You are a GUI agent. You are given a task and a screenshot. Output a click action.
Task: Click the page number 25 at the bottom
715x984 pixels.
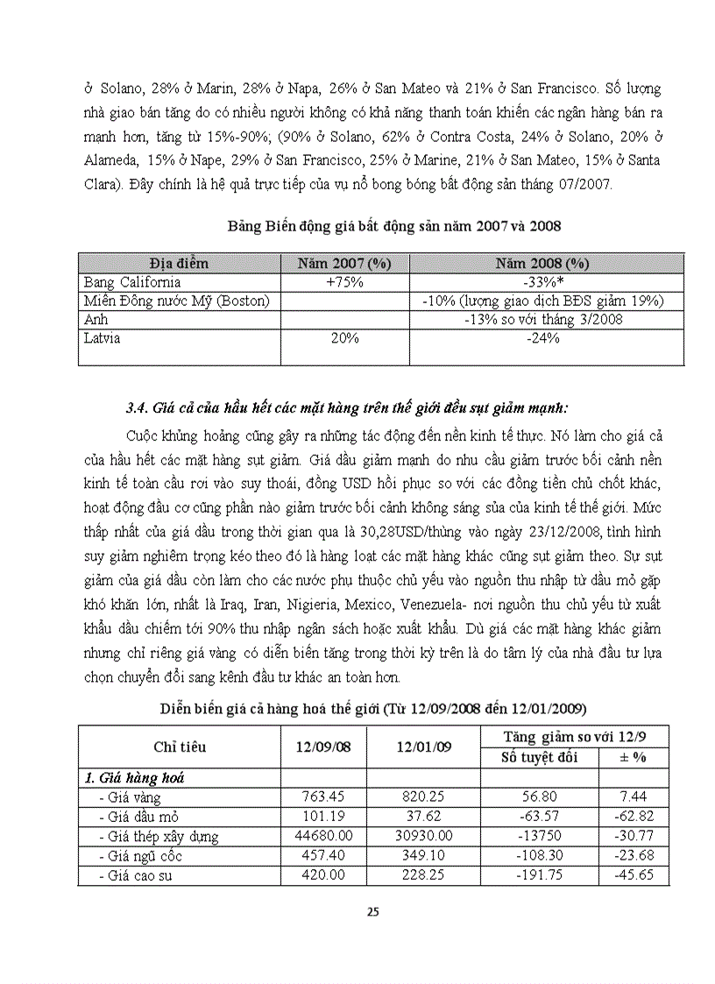coord(372,911)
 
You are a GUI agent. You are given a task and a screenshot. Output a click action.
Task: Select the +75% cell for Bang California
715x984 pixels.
coord(343,282)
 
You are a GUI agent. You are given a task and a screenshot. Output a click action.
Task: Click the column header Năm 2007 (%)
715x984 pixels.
coord(343,263)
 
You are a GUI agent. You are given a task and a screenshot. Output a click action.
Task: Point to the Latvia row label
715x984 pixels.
coord(103,337)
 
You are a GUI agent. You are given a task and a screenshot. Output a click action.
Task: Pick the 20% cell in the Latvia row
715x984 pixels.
coord(343,337)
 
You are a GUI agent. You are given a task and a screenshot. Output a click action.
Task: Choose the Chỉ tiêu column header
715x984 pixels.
coord(180,747)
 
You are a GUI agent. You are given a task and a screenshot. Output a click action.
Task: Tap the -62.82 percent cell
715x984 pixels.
coord(633,817)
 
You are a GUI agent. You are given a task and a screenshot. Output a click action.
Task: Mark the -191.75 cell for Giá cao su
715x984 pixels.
coord(538,875)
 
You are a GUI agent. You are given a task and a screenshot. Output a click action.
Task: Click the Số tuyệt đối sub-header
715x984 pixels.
coord(538,757)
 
